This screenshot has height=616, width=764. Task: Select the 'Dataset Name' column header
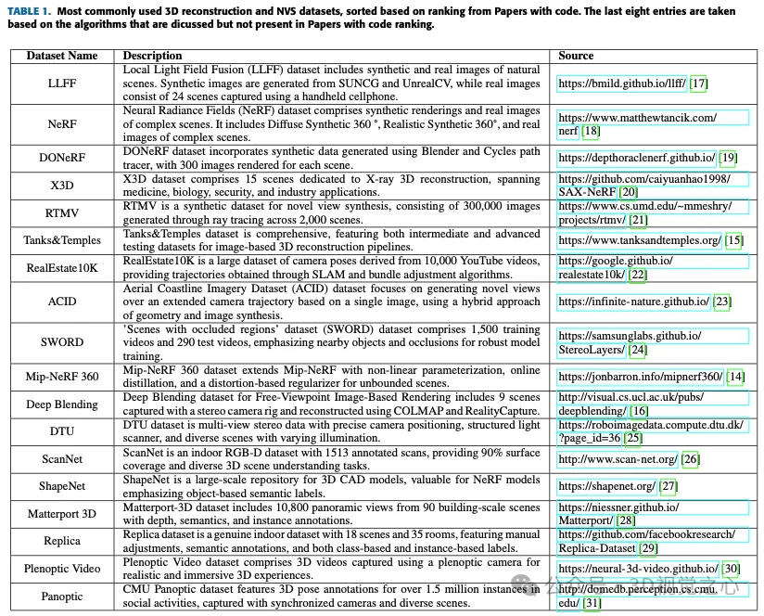point(61,56)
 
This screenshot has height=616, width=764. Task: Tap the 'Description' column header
point(153,56)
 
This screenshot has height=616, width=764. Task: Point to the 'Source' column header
point(576,56)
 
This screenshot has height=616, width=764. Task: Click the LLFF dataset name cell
point(62,83)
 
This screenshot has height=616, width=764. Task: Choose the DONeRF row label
point(62,158)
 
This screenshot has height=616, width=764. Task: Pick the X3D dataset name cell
point(62,186)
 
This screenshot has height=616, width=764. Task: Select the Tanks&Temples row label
point(62,240)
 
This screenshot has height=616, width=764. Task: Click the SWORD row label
point(62,342)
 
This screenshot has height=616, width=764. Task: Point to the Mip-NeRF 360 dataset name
point(62,377)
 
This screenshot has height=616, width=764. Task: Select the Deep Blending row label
point(62,404)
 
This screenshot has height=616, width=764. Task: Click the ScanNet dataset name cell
point(62,458)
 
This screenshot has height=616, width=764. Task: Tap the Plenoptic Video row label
point(62,568)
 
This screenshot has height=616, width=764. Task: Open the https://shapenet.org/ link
point(606,486)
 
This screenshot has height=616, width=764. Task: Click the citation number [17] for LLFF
point(698,83)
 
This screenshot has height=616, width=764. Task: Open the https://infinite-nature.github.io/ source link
point(633,302)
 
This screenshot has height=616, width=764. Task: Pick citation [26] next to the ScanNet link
point(690,458)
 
